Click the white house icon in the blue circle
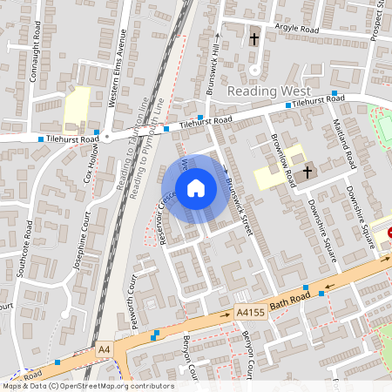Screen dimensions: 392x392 (196, 188)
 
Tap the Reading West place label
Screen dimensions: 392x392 (263, 91)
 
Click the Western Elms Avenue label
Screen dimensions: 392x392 (118, 66)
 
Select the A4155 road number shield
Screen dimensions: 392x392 (247, 312)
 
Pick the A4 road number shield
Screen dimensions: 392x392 (105, 349)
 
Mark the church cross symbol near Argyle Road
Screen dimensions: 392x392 (254, 39)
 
